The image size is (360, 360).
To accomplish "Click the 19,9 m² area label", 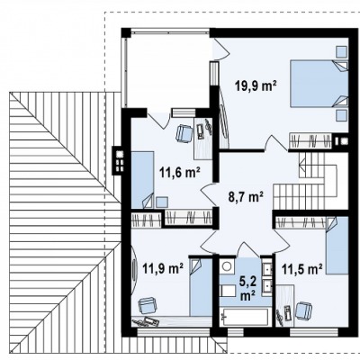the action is (x=256, y=86).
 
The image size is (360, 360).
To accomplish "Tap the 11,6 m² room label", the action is (x=180, y=173).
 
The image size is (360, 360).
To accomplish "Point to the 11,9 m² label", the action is (x=163, y=268).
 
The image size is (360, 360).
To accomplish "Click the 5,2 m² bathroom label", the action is (x=247, y=288).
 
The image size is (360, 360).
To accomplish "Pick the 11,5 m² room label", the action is (x=302, y=268).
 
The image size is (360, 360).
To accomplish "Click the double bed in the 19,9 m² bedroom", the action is (x=319, y=84).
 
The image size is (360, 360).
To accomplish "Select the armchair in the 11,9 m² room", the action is (x=147, y=306).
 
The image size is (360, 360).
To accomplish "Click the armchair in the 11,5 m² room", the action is (x=303, y=310).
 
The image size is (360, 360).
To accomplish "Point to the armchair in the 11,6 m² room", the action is (x=184, y=133).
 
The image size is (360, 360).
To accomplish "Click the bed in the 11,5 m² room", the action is (x=337, y=245).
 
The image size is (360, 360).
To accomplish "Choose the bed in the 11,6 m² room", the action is (x=142, y=179).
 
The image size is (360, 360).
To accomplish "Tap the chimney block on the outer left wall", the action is (x=118, y=160).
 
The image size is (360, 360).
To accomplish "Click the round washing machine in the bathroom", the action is (x=227, y=266).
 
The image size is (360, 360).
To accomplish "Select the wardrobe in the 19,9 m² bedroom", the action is (x=310, y=140).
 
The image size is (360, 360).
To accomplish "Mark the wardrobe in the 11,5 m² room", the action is (x=301, y=222).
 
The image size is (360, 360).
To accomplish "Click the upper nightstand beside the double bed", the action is (x=341, y=51).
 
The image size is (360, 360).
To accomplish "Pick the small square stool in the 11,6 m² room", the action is (x=162, y=202).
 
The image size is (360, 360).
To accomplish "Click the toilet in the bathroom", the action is (x=228, y=291).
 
